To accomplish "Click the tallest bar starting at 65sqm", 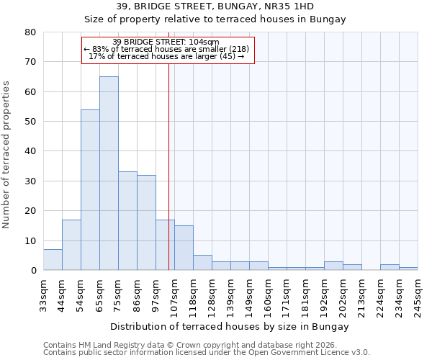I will point(109,173).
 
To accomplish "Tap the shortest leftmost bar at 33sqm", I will point(53,260).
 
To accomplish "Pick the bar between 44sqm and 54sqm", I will point(71,245).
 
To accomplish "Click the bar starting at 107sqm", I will point(184,248).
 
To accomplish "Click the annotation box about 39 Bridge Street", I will point(168,50).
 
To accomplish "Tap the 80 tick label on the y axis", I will point(30,32).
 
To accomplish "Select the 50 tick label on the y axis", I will point(30,122).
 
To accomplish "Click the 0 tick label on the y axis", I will point(33,271).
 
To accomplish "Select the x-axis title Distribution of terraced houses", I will point(230,326).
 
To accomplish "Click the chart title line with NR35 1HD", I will point(215,6).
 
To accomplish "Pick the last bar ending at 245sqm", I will point(408,269).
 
